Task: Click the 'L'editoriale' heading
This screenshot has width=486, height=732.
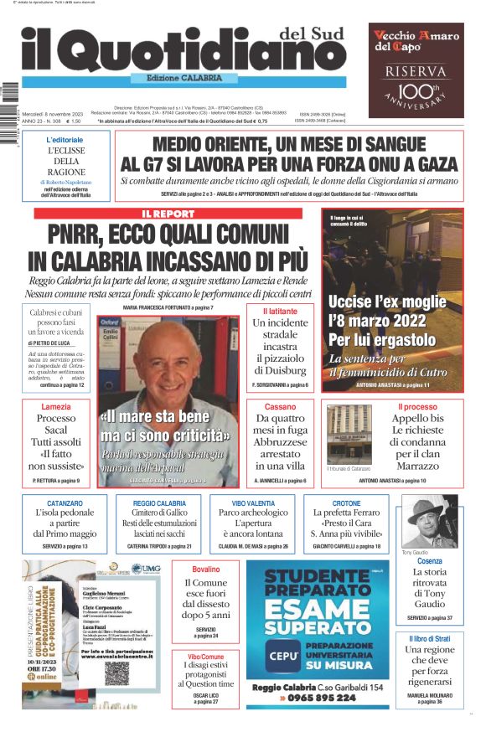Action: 65,139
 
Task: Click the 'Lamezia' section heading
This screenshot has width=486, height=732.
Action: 56,406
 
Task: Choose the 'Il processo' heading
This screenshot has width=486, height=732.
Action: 416,406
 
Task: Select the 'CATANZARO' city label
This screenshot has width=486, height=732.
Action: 65,503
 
